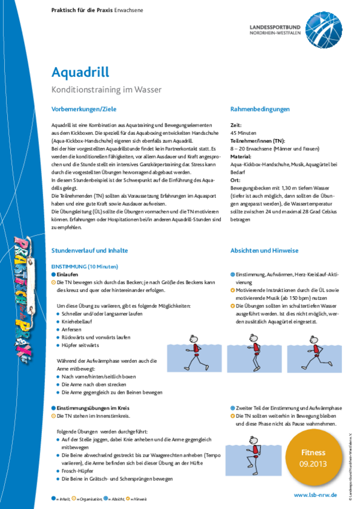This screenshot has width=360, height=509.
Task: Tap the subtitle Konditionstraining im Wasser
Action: (x=107, y=90)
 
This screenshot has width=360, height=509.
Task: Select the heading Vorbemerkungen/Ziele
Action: (x=83, y=109)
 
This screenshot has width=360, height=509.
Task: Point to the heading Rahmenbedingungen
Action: (x=260, y=109)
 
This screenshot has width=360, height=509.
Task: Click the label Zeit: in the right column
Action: (x=236, y=125)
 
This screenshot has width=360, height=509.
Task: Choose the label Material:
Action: (x=242, y=156)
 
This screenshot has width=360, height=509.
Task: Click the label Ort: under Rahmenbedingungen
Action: (x=235, y=179)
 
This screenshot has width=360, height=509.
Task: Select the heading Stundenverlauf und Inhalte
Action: (x=89, y=250)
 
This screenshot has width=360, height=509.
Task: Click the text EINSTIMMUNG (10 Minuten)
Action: (x=85, y=266)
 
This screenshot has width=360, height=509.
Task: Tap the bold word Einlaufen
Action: (x=68, y=273)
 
